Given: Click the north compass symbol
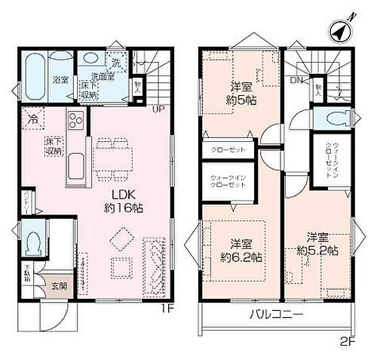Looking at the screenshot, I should (339, 32).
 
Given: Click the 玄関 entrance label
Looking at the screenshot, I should (60, 287).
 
